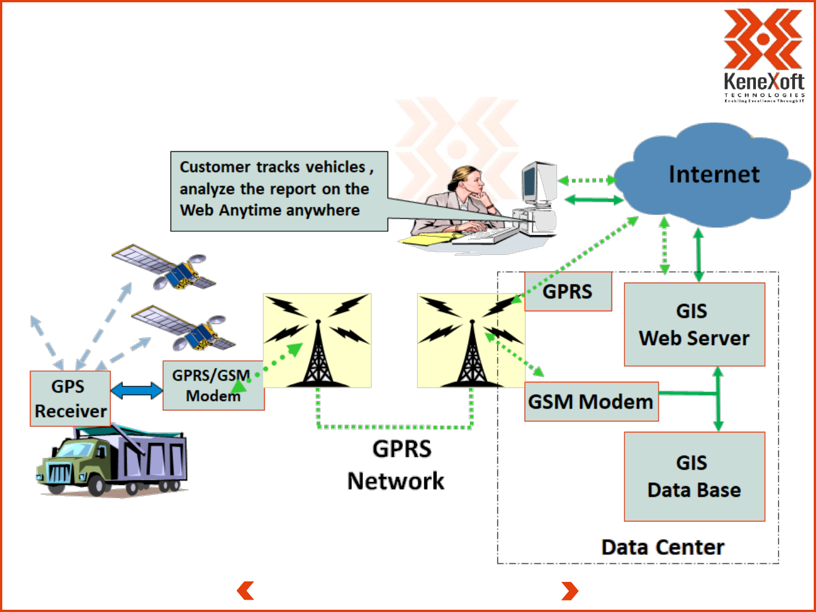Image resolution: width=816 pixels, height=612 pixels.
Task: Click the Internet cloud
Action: click(713, 175)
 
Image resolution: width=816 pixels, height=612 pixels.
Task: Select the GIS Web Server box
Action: click(694, 325)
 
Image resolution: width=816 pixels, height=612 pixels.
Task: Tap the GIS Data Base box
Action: click(694, 477)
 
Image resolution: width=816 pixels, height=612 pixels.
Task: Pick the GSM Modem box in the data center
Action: click(591, 402)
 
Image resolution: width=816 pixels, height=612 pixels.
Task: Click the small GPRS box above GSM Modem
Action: click(568, 292)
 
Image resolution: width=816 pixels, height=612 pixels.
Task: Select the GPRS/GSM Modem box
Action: click(213, 386)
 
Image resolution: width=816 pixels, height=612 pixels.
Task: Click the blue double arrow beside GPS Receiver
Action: click(137, 390)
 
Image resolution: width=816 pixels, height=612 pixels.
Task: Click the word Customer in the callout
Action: click(215, 167)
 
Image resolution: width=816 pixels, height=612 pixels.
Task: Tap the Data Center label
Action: click(662, 547)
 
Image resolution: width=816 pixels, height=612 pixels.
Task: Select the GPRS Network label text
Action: click(397, 465)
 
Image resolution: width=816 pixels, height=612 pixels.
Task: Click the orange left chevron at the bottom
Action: click(245, 590)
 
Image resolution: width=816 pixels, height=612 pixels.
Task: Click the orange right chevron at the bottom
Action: click(570, 590)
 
